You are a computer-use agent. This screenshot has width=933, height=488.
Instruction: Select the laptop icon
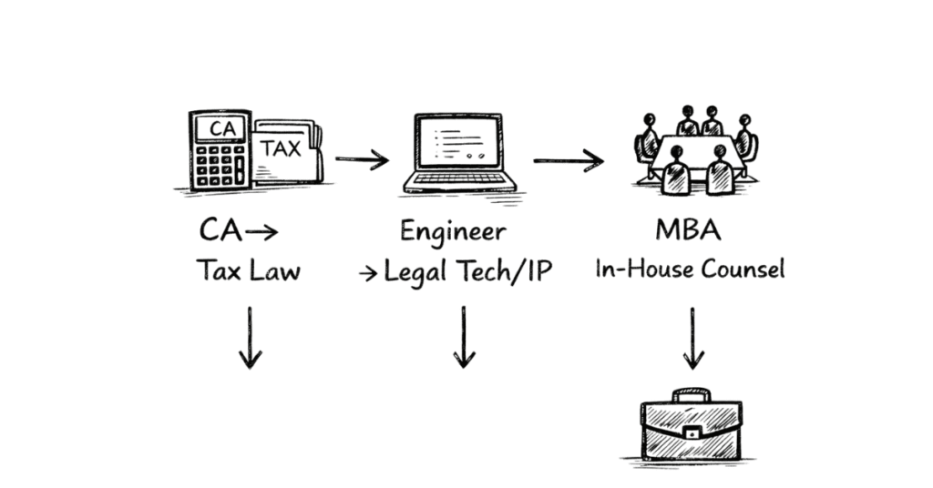pos(460,153)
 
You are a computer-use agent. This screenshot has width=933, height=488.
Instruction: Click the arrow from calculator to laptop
pos(362,160)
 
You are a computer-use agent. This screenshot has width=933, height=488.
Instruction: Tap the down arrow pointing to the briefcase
pos(693,338)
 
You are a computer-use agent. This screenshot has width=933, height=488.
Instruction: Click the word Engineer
pos(453,231)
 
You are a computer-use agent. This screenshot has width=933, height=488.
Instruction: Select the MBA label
pos(688,230)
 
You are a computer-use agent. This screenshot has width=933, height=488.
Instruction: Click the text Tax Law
pos(248,270)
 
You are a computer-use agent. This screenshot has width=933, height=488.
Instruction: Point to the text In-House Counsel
pos(690,269)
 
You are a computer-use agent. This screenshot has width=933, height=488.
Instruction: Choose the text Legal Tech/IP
pos(467,271)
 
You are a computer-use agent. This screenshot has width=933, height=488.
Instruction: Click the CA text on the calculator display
pos(221,128)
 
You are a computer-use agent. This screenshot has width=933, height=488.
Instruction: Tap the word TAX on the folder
pos(282,148)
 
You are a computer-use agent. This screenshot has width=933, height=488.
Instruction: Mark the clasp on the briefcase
pos(692,434)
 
